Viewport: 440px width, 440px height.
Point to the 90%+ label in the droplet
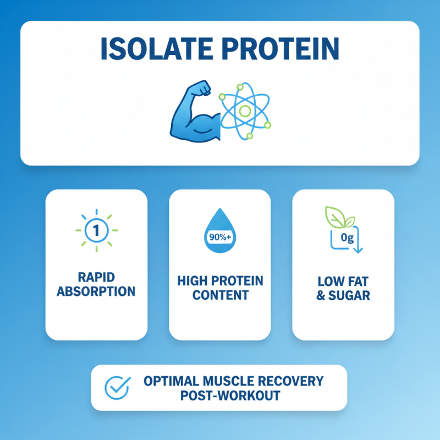pyautogui.click(x=219, y=238)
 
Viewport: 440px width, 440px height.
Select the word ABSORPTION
pyautogui.click(x=96, y=291)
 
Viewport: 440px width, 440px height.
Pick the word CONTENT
pyautogui.click(x=219, y=295)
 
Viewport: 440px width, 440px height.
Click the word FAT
pyautogui.click(x=356, y=281)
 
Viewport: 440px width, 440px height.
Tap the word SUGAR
pyautogui.click(x=350, y=295)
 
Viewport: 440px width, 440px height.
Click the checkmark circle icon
pyautogui.click(x=118, y=387)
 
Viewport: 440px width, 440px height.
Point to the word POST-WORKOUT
pyautogui.click(x=230, y=395)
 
